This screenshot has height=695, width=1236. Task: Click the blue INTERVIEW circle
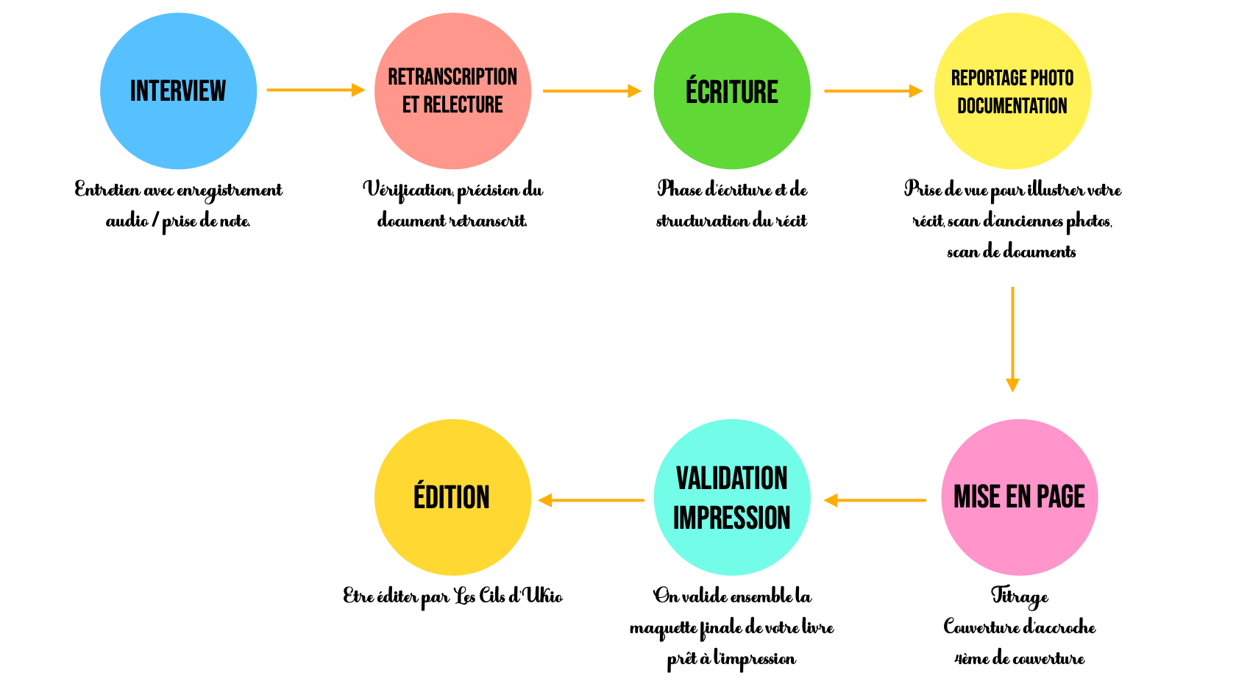pyautogui.click(x=178, y=91)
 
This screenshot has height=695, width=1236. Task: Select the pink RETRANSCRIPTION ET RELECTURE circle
pyautogui.click(x=452, y=91)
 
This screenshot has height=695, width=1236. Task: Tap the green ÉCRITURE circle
pyautogui.click(x=732, y=91)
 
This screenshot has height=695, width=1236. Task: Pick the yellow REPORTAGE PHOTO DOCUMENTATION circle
pyautogui.click(x=1012, y=91)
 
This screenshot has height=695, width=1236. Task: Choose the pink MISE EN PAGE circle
pyautogui.click(x=1019, y=497)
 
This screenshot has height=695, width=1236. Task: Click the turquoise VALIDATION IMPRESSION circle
pyautogui.click(x=732, y=497)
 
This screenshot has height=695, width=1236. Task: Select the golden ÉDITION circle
pyautogui.click(x=452, y=497)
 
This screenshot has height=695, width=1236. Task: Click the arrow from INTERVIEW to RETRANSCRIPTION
pyautogui.click(x=316, y=90)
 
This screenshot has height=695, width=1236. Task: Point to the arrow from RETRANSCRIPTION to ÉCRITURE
pyautogui.click(x=592, y=91)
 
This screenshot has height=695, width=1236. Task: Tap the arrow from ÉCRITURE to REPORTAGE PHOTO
pyautogui.click(x=873, y=91)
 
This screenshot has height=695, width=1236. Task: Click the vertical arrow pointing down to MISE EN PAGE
pyautogui.click(x=1012, y=338)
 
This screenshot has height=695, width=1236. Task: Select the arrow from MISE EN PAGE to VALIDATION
pyautogui.click(x=876, y=500)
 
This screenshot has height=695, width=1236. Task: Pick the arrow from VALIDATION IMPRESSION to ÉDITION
pyautogui.click(x=592, y=500)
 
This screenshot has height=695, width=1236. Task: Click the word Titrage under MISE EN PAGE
pyautogui.click(x=1019, y=596)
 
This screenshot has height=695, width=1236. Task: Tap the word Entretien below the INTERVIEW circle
pyautogui.click(x=107, y=190)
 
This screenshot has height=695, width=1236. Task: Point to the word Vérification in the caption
pyautogui.click(x=408, y=190)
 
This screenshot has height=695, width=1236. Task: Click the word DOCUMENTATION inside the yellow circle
pyautogui.click(x=1012, y=106)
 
